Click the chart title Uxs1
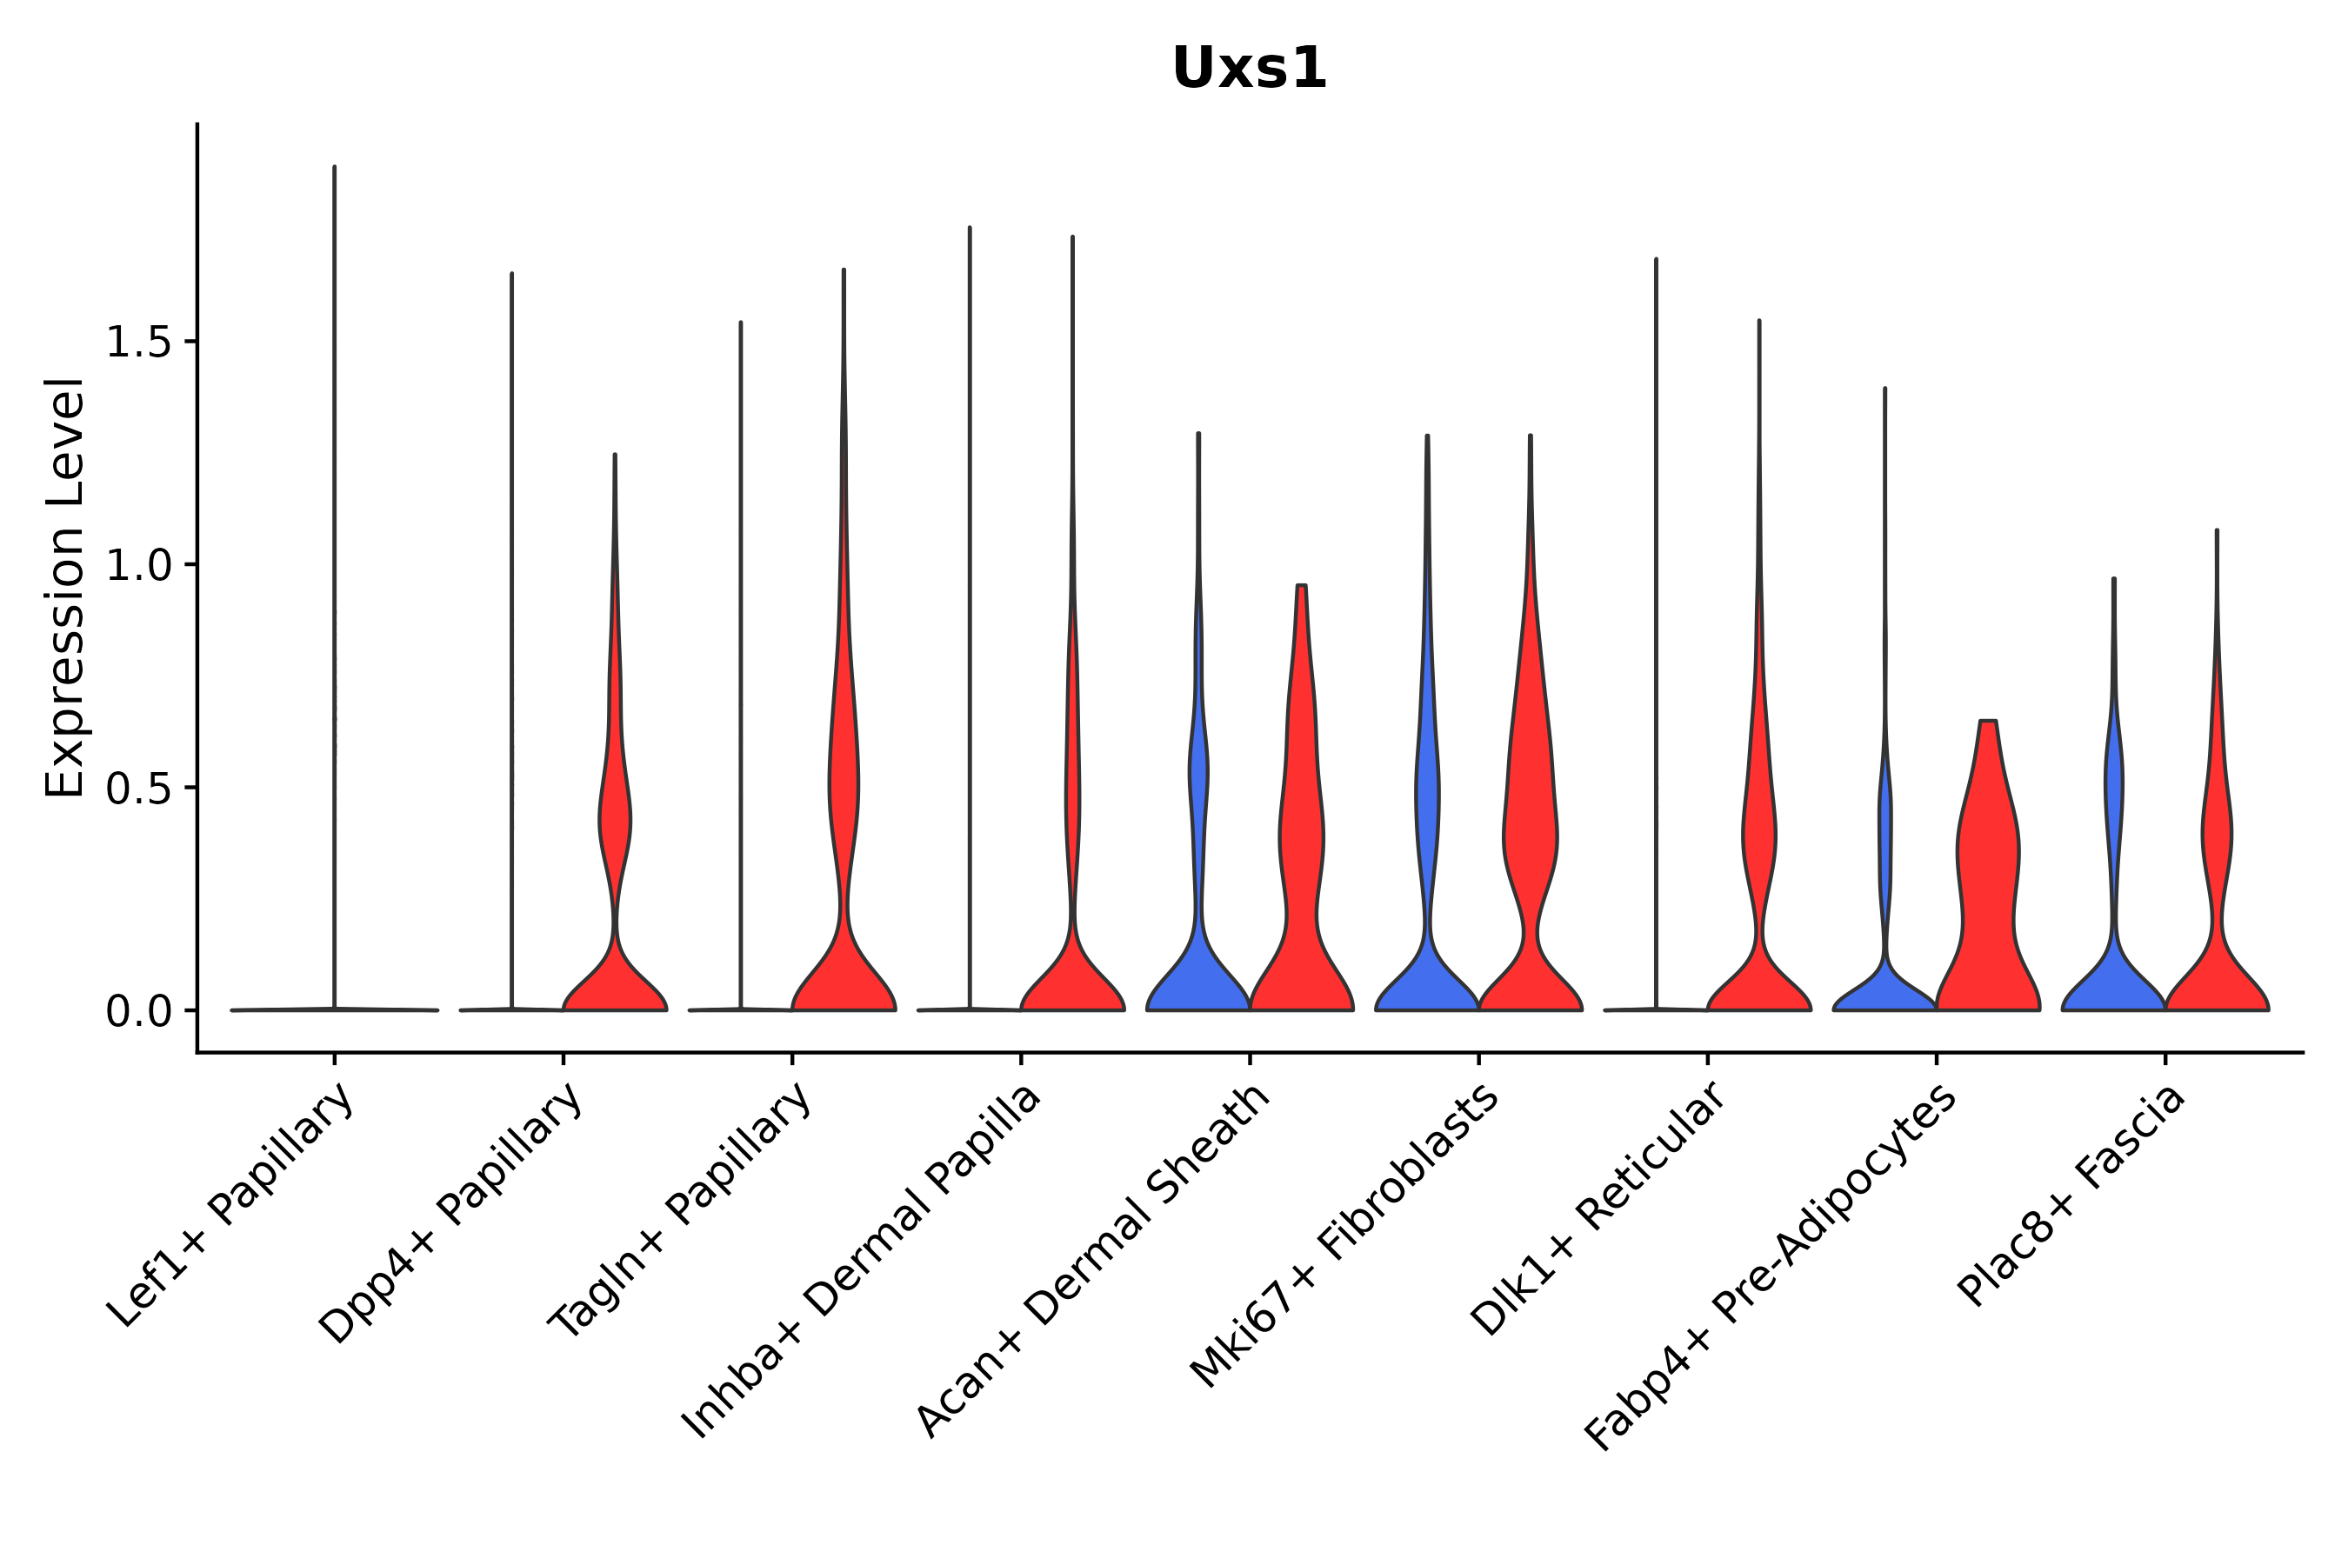[1249, 69]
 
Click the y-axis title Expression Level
[66, 588]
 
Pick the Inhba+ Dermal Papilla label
[863, 1262]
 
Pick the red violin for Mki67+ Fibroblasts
[1530, 849]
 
